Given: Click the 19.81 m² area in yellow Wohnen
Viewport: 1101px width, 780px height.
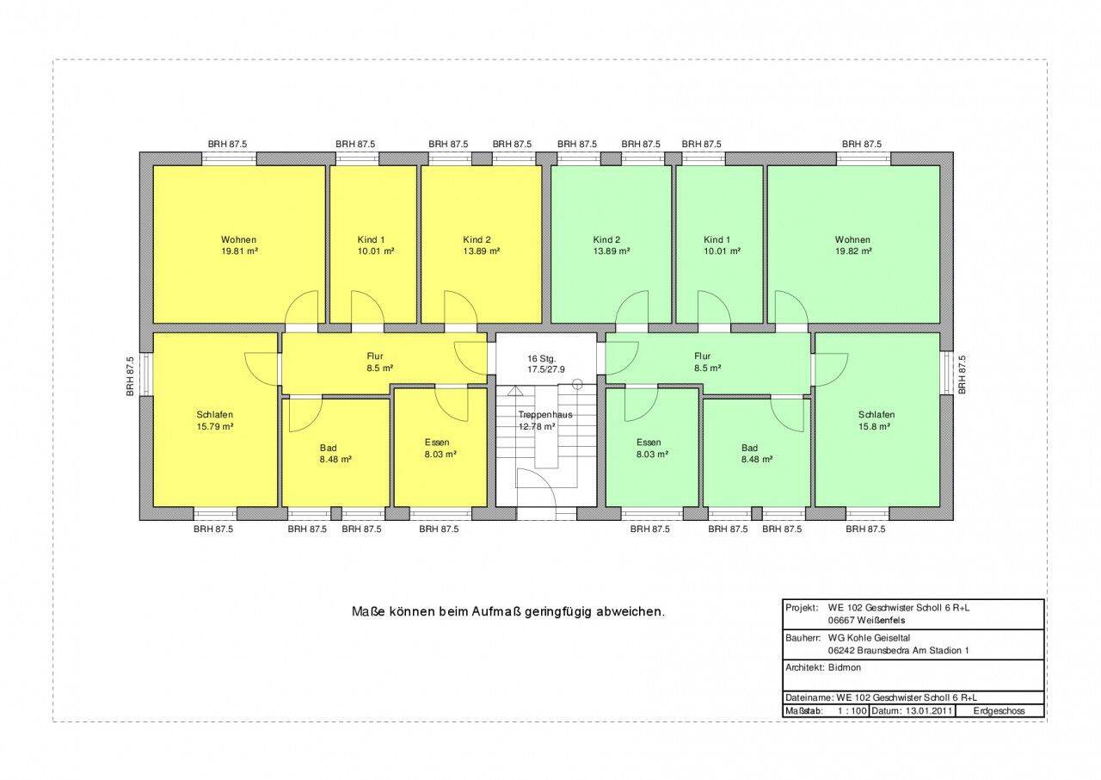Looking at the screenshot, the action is [x=240, y=251].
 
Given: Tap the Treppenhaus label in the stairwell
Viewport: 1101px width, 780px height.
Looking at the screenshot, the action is [x=545, y=415].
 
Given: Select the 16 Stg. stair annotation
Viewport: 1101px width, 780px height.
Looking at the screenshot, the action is [x=542, y=358].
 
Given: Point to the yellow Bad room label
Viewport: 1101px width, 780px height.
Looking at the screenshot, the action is [x=328, y=448].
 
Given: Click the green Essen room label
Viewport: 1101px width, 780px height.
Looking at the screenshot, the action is [x=649, y=443].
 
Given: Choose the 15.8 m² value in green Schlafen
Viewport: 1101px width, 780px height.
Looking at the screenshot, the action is [x=875, y=426].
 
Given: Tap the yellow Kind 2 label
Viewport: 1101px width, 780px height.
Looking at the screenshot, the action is [x=477, y=239].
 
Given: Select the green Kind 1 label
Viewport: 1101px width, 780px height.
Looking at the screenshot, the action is [x=717, y=239].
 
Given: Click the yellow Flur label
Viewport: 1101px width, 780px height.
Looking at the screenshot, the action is [x=374, y=356].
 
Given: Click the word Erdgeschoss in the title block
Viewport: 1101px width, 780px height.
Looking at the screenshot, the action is [x=999, y=710].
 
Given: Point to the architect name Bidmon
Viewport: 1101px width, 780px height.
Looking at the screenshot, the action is [x=845, y=667].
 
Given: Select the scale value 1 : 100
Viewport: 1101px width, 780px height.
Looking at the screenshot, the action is [x=852, y=710].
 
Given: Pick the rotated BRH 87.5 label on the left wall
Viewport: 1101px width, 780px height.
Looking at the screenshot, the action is [x=130, y=376].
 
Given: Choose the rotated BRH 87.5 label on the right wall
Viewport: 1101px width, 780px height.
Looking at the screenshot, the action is [x=962, y=375].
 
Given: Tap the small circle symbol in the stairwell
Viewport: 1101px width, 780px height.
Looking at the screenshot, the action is [x=577, y=384].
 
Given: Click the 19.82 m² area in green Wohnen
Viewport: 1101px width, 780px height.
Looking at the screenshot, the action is [x=854, y=251].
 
